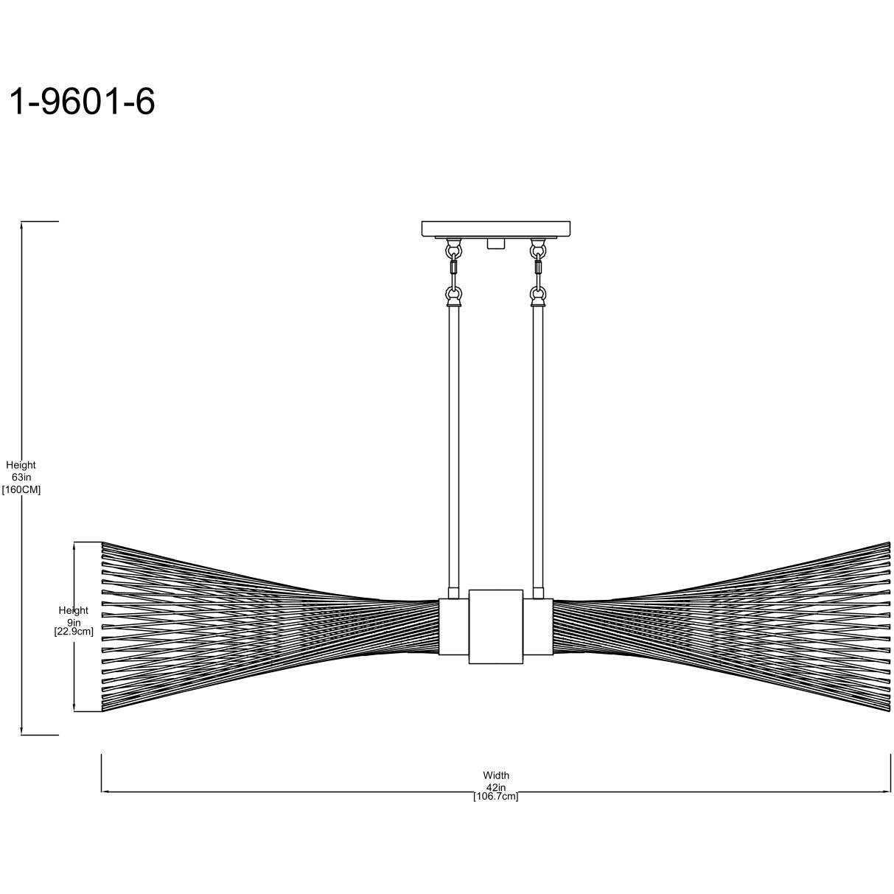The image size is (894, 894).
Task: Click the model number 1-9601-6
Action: coord(81,102)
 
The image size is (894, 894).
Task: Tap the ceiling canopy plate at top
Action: coord(497,228)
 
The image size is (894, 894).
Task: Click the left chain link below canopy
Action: coord(453,270)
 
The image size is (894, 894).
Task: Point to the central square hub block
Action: coord(496,626)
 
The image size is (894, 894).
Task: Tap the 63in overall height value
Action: coord(21,478)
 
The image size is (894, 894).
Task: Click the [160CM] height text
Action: coord(21,489)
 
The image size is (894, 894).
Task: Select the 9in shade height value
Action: coord(74,621)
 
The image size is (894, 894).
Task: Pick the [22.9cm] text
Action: coord(74,632)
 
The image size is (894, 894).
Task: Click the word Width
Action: coord(496,775)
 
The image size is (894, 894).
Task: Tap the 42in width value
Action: coord(496,787)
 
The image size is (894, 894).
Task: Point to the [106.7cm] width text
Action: coord(496,797)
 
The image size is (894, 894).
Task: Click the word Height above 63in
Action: coord(21,465)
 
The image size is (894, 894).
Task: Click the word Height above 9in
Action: coord(74,610)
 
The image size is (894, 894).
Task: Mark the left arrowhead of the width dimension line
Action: coord(105,792)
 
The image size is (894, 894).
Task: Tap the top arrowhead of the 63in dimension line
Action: coord(23,226)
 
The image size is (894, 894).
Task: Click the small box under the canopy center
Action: coord(496,243)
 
